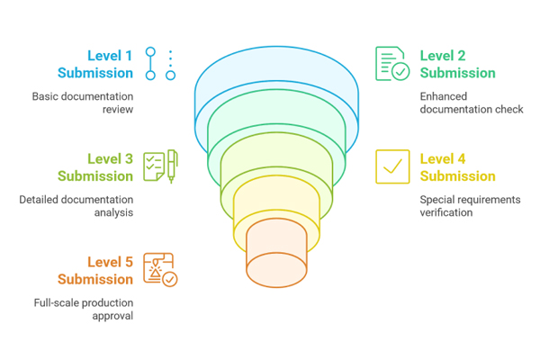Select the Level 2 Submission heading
[457, 64]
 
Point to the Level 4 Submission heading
[457, 167]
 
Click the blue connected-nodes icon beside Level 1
[160, 64]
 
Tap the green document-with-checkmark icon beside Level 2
[392, 64]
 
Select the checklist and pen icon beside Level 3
[160, 166]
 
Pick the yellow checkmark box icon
[392, 166]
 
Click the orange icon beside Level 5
[160, 270]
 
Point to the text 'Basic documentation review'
[83, 103]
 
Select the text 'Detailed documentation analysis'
[76, 206]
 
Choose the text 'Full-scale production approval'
[82, 309]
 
